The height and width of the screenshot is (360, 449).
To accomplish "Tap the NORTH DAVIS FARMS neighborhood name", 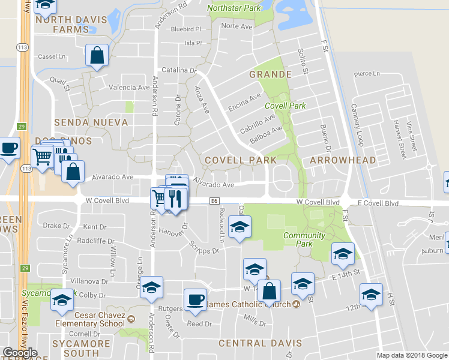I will coord(71,24).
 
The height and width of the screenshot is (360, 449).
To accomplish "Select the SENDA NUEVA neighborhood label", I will coord(91,122).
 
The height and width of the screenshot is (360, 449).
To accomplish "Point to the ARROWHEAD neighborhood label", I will coord(343,160).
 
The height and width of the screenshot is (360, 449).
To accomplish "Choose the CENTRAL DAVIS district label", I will coord(260,343).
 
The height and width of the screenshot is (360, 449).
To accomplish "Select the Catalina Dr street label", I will coord(179,70).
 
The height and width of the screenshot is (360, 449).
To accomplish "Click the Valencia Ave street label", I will coord(128,87).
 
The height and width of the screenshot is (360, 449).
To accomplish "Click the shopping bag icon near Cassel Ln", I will coord(97,55).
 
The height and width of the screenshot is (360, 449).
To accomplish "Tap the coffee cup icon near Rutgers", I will coord(195,299).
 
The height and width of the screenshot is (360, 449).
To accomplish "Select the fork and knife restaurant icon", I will coord(175,198).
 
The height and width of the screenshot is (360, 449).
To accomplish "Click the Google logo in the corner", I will coord(20,353).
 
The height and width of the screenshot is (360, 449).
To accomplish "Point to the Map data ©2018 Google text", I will coord(412,355).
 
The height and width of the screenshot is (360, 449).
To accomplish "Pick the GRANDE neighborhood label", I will coord(270,74).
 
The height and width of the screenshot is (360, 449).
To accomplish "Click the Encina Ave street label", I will coord(246,101).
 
